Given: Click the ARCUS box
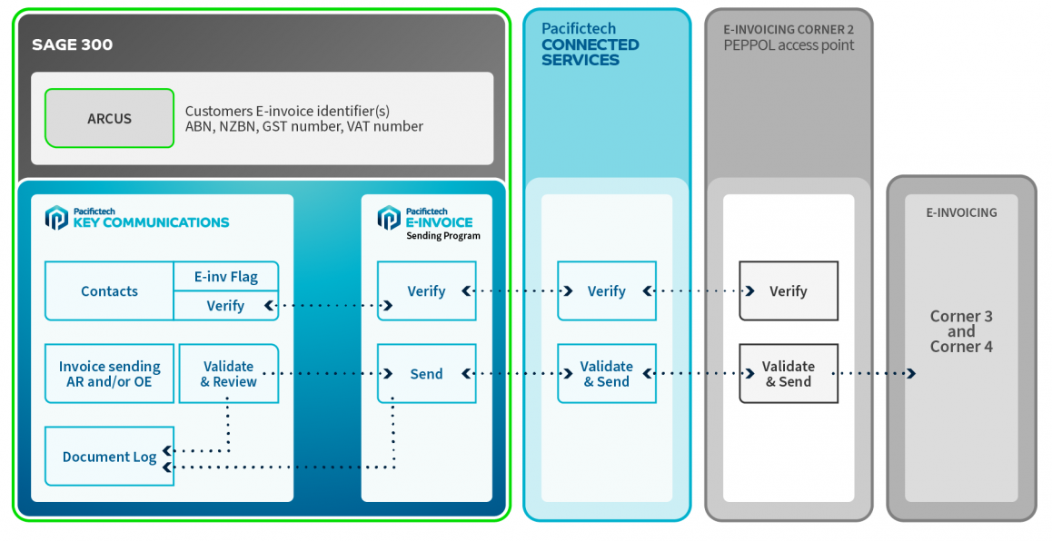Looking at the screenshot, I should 109,119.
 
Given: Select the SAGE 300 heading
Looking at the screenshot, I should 73,44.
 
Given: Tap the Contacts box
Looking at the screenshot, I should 109,291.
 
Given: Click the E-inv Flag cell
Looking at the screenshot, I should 225,277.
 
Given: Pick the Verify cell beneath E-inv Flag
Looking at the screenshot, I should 225,306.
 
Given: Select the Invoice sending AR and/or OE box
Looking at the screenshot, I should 109,374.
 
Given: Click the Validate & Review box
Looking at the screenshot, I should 229,374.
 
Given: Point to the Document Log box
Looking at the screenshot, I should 109,457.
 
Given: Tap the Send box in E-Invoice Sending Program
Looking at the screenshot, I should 426,374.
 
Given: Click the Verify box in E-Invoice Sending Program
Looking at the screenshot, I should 426,291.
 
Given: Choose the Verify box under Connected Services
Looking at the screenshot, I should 606,291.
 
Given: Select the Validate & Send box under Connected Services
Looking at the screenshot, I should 606,374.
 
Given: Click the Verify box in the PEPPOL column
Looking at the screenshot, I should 788,291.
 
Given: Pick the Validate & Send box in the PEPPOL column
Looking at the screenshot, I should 788,374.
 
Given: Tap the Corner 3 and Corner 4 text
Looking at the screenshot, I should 961,331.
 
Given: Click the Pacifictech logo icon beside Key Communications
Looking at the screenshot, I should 56,218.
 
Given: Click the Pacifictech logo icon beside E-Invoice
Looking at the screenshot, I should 389,218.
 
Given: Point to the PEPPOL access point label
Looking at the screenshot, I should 789,45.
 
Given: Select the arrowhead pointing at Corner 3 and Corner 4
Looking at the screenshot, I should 911,374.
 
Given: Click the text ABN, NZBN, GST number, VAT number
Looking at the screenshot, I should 304,127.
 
